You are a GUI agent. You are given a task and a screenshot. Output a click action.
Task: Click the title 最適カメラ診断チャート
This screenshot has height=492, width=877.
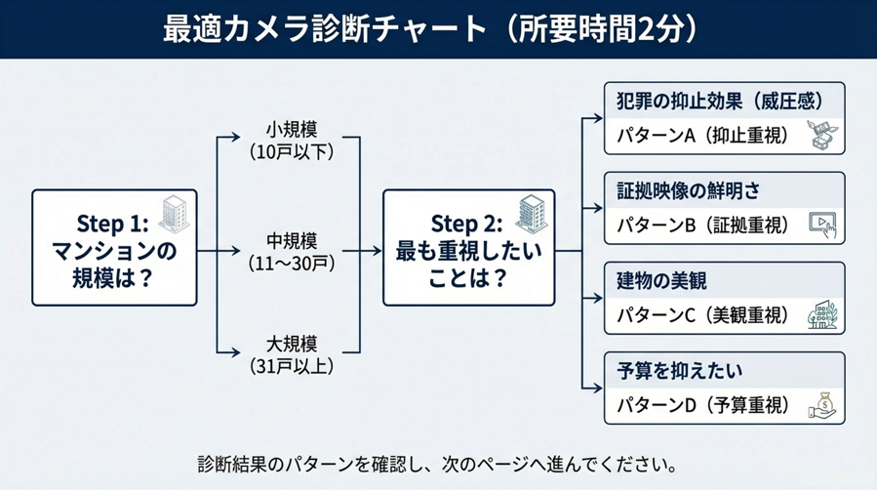tap(322, 28)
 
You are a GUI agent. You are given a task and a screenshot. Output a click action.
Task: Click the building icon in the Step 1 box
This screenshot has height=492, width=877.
tap(173, 214)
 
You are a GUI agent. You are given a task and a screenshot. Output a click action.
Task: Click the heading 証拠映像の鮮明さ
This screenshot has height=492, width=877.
tap(689, 191)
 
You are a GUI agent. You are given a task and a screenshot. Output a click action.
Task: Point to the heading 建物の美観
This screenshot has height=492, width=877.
tap(662, 281)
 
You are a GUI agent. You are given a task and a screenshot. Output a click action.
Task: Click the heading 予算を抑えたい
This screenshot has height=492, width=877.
tap(680, 371)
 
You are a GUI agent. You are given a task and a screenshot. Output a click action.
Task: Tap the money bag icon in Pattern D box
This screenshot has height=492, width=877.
tap(822, 404)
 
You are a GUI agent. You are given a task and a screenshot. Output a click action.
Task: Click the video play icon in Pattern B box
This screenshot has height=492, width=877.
tap(822, 225)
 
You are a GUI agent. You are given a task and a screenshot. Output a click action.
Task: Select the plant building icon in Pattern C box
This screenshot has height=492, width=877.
tap(822, 315)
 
